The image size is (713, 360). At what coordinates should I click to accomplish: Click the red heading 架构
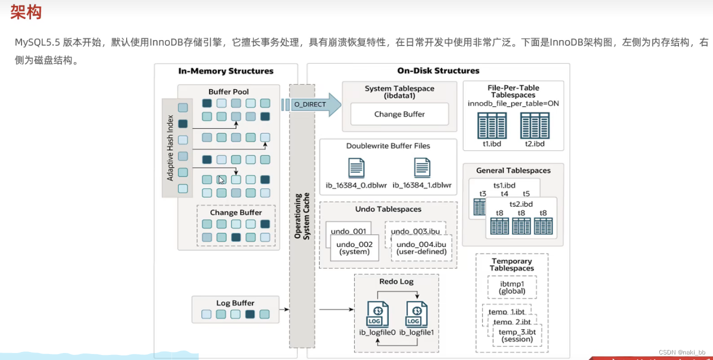click(x=26, y=12)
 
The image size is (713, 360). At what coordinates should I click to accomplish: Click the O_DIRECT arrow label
click(x=310, y=105)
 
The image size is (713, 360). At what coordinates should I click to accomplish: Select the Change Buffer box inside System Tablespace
click(x=399, y=114)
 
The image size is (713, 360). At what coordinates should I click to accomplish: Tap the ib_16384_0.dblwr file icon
click(x=356, y=168)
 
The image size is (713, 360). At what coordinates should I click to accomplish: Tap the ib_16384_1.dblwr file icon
click(x=423, y=168)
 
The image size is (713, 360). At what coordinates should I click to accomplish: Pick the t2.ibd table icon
click(x=535, y=125)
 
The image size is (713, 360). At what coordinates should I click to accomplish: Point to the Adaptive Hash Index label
click(x=170, y=149)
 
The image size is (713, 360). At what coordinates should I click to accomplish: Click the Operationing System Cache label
click(x=301, y=216)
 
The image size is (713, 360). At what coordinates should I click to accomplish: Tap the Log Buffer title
click(x=235, y=303)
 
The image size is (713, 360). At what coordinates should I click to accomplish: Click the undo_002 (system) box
click(x=354, y=248)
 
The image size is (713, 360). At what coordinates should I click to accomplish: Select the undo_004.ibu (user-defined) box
click(x=421, y=248)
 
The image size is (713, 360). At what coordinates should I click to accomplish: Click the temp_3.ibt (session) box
click(x=517, y=335)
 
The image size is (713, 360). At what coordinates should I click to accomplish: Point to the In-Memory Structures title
click(x=226, y=71)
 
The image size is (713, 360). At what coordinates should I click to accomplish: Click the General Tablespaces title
click(x=513, y=171)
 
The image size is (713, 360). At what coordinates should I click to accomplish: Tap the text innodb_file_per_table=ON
click(x=513, y=104)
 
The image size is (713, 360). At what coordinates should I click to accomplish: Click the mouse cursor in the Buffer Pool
click(x=221, y=180)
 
